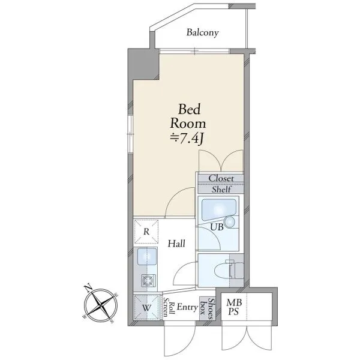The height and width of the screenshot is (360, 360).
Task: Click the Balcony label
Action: pos(202,32)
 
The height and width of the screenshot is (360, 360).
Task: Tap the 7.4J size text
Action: pos(187,139)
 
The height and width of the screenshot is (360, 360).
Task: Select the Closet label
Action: pos(221,178)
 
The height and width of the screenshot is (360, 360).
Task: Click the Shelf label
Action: pos(221,190)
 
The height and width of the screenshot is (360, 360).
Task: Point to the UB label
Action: pos(217,227)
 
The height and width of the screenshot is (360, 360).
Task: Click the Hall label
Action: pos(176,244)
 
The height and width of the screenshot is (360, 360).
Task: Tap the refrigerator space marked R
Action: pos(146,232)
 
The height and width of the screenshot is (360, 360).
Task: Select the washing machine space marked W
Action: pos(146,307)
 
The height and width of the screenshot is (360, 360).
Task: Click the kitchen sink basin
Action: pos(147,256)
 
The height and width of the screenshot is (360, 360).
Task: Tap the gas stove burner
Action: pos(148,280)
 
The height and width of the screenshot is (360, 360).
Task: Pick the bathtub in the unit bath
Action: pos(218,209)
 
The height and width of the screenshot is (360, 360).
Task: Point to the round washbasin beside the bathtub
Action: pos(230,222)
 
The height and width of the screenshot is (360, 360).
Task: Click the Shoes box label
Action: pos(207,309)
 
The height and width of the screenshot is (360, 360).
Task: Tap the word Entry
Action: pos(187,307)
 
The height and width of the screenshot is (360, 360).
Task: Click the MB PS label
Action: pos(234,307)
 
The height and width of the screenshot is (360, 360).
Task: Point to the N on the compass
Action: pos(88,288)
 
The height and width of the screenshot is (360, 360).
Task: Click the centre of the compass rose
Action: pos(101,305)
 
